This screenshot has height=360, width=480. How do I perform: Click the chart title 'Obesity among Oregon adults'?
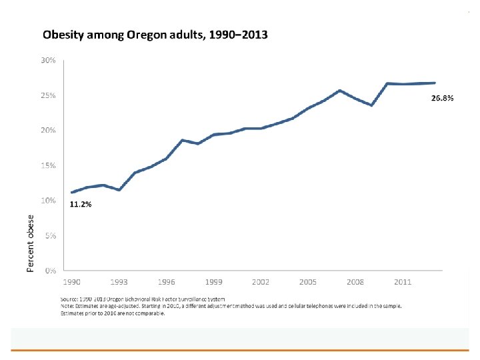pyautogui.click(x=155, y=33)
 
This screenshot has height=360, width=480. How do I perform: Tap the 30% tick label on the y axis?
pyautogui.click(x=48, y=61)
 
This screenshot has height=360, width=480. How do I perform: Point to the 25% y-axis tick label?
pyautogui.click(x=48, y=95)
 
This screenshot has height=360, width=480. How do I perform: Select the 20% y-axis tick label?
pyautogui.click(x=48, y=130)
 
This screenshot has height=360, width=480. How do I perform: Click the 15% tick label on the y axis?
pyautogui.click(x=48, y=165)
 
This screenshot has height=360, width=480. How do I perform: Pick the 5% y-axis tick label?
pyautogui.click(x=50, y=235)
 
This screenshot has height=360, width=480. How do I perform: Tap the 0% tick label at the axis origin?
pyautogui.click(x=50, y=271)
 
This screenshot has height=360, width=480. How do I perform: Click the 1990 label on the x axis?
pyautogui.click(x=72, y=283)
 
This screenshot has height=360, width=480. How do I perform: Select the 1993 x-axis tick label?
pyautogui.click(x=119, y=283)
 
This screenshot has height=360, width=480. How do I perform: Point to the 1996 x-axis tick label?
pyautogui.click(x=167, y=283)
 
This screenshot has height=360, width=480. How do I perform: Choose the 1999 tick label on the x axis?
pyautogui.click(x=213, y=283)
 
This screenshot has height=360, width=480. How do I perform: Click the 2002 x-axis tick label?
pyautogui.click(x=261, y=283)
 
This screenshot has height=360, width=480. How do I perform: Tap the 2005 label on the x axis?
pyautogui.click(x=308, y=283)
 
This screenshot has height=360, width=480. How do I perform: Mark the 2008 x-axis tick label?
pyautogui.click(x=355, y=283)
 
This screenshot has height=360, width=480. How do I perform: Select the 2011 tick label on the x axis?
pyautogui.click(x=402, y=283)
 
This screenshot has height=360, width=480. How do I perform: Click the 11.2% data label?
pyautogui.click(x=81, y=205)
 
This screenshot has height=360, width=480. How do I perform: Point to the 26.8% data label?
pyautogui.click(x=443, y=98)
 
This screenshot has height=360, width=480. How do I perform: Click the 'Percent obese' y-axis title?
pyautogui.click(x=30, y=244)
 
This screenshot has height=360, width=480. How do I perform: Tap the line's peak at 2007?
pyautogui.click(x=339, y=91)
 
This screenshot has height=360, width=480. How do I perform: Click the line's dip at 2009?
pyautogui.click(x=371, y=105)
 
